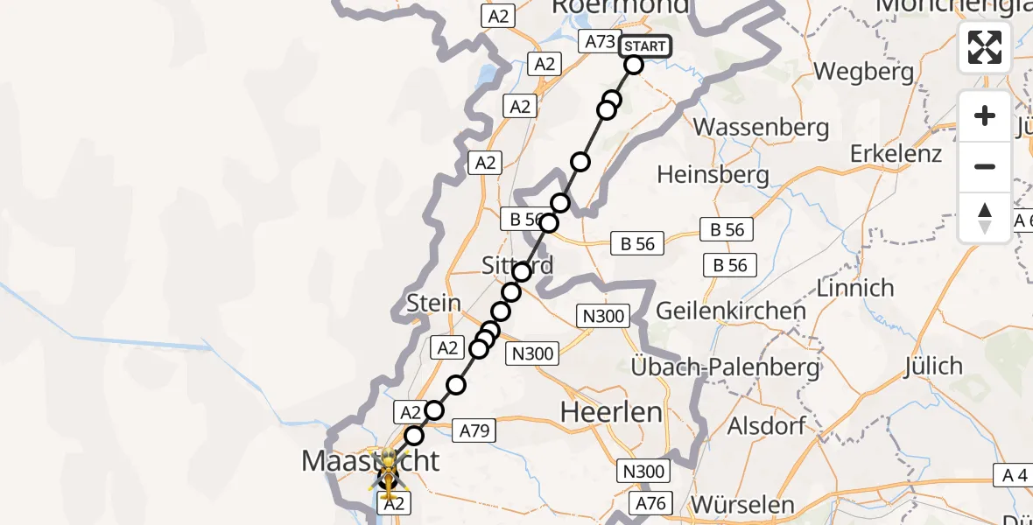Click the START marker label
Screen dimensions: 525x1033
tap(645, 46)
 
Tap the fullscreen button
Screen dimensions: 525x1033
tap(985, 47)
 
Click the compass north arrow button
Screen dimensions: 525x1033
tap(985, 218)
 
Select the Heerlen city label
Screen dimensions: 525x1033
tap(611, 411)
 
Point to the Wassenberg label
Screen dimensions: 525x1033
tap(761, 127)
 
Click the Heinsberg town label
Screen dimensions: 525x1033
tap(713, 175)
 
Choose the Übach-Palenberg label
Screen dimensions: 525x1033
tap(726, 367)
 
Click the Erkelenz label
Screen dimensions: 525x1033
tap(896, 154)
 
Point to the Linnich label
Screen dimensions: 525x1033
tap(854, 287)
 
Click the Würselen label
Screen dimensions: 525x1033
tap(742, 504)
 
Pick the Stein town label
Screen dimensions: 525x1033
tap(433, 304)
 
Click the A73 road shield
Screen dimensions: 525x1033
tap(600, 41)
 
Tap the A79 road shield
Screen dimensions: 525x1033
tap(475, 430)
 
